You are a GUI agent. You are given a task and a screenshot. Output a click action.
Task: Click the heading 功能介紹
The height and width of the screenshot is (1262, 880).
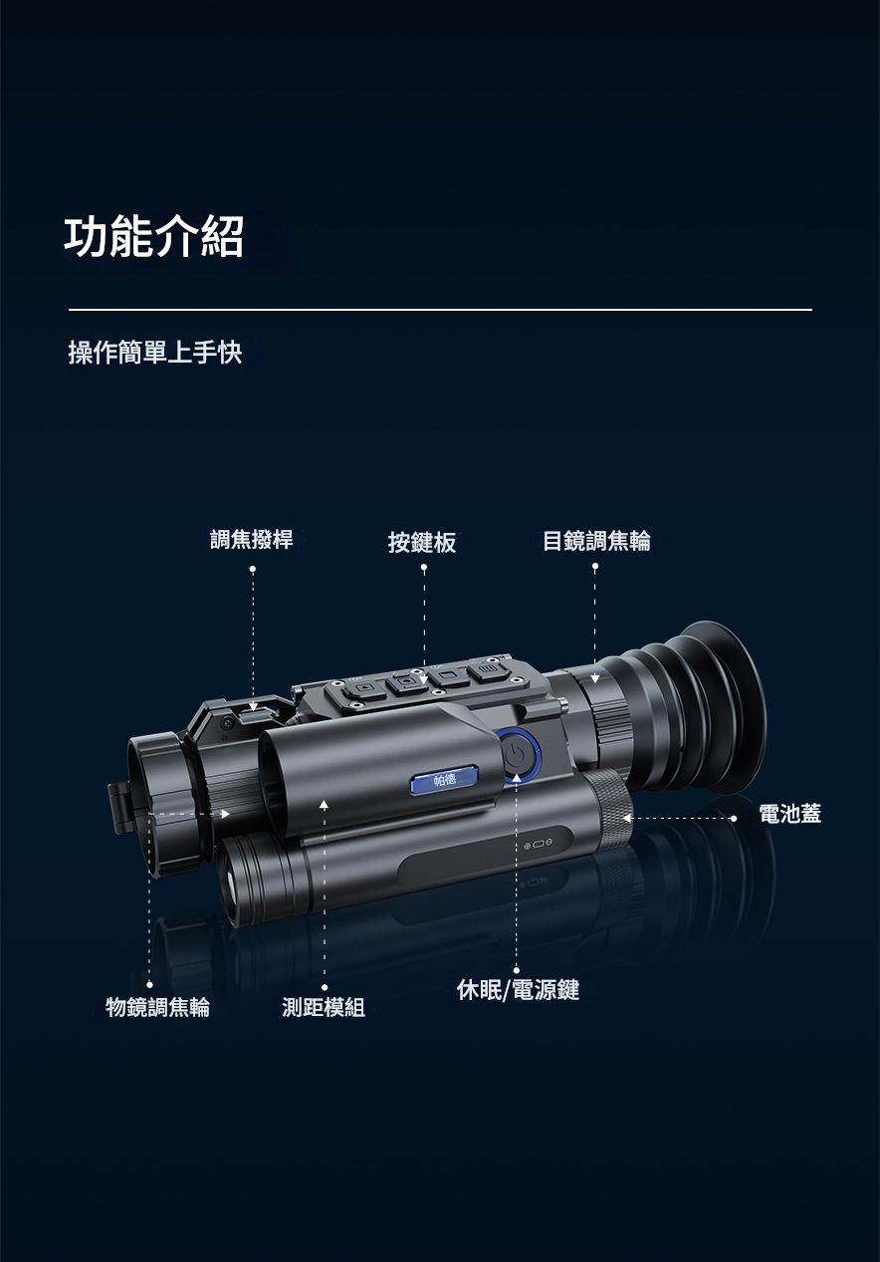153,237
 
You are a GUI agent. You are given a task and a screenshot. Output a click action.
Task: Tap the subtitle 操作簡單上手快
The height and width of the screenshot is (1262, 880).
155,353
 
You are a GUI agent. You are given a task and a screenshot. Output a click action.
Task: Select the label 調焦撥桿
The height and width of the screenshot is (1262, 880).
252,539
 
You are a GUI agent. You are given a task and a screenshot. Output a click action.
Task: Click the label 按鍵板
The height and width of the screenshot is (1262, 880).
422,543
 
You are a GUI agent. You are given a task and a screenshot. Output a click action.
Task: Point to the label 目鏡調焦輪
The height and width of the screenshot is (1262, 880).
596,540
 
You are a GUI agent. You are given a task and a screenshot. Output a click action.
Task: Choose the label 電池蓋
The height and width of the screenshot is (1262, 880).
790,814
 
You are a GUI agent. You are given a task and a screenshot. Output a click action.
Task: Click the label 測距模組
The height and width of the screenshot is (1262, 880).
324,1007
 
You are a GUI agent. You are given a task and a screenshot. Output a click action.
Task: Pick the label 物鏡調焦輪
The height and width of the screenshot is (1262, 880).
157,1007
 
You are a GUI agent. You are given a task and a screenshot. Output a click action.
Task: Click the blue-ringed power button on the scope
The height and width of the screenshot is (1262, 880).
519,755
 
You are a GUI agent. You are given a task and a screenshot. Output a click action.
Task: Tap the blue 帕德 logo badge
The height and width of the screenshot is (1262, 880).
445,780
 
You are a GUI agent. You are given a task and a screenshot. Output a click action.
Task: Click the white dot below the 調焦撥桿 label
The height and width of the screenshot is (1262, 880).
253,569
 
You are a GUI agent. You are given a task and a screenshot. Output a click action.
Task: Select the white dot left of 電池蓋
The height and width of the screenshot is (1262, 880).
734,819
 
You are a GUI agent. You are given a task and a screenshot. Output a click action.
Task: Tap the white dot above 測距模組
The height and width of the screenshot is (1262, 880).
325,987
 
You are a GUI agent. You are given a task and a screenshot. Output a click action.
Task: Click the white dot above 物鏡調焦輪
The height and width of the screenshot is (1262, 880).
149,984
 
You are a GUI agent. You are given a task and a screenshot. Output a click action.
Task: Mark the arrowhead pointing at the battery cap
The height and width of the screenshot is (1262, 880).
626,818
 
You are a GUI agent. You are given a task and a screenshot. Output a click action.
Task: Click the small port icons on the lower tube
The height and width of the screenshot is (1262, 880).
538,843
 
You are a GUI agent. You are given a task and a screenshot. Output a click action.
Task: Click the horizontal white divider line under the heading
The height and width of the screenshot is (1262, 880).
440,310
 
